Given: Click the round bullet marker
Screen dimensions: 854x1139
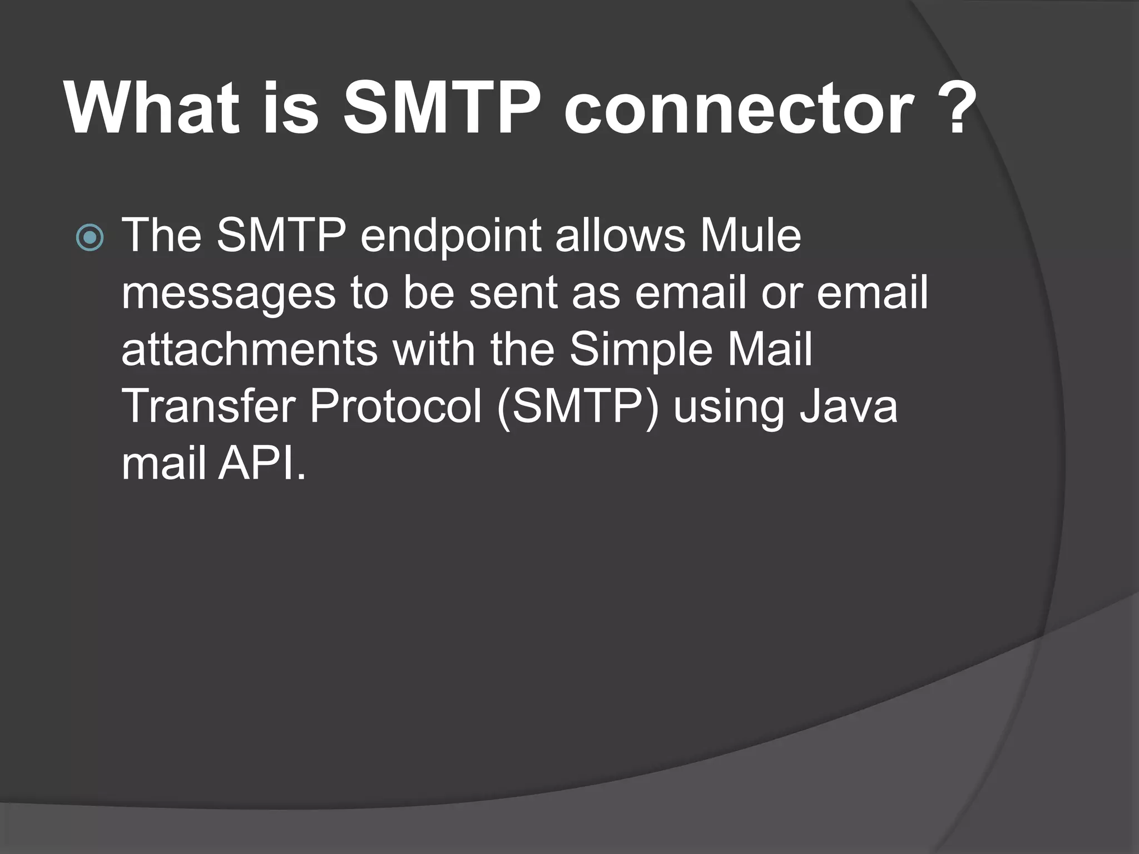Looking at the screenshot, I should pos(90,239).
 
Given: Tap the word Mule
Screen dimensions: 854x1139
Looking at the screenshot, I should pos(750,236).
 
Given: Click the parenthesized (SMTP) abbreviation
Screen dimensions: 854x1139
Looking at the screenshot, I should pos(578,408).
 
